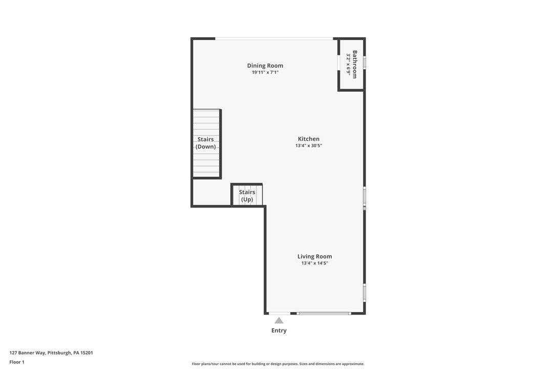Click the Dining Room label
[x=265, y=66]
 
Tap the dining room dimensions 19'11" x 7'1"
[x=265, y=73]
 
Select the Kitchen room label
[x=309, y=139]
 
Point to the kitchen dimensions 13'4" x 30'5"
[x=309, y=146]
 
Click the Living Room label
[x=315, y=256]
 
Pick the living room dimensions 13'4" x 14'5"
[x=315, y=263]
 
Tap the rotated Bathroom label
[x=354, y=64]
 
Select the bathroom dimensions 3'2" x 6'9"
[x=348, y=65]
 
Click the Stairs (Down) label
[x=206, y=143]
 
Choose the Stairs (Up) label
[x=247, y=196]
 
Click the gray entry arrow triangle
[x=279, y=321]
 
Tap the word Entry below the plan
[x=279, y=331]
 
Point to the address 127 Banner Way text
[x=51, y=353]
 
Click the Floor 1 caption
[x=17, y=362]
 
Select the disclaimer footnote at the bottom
[x=278, y=364]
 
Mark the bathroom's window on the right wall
[x=365, y=63]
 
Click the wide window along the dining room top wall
[x=274, y=38]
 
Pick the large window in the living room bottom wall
[x=324, y=313]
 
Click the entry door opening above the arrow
[x=280, y=313]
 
